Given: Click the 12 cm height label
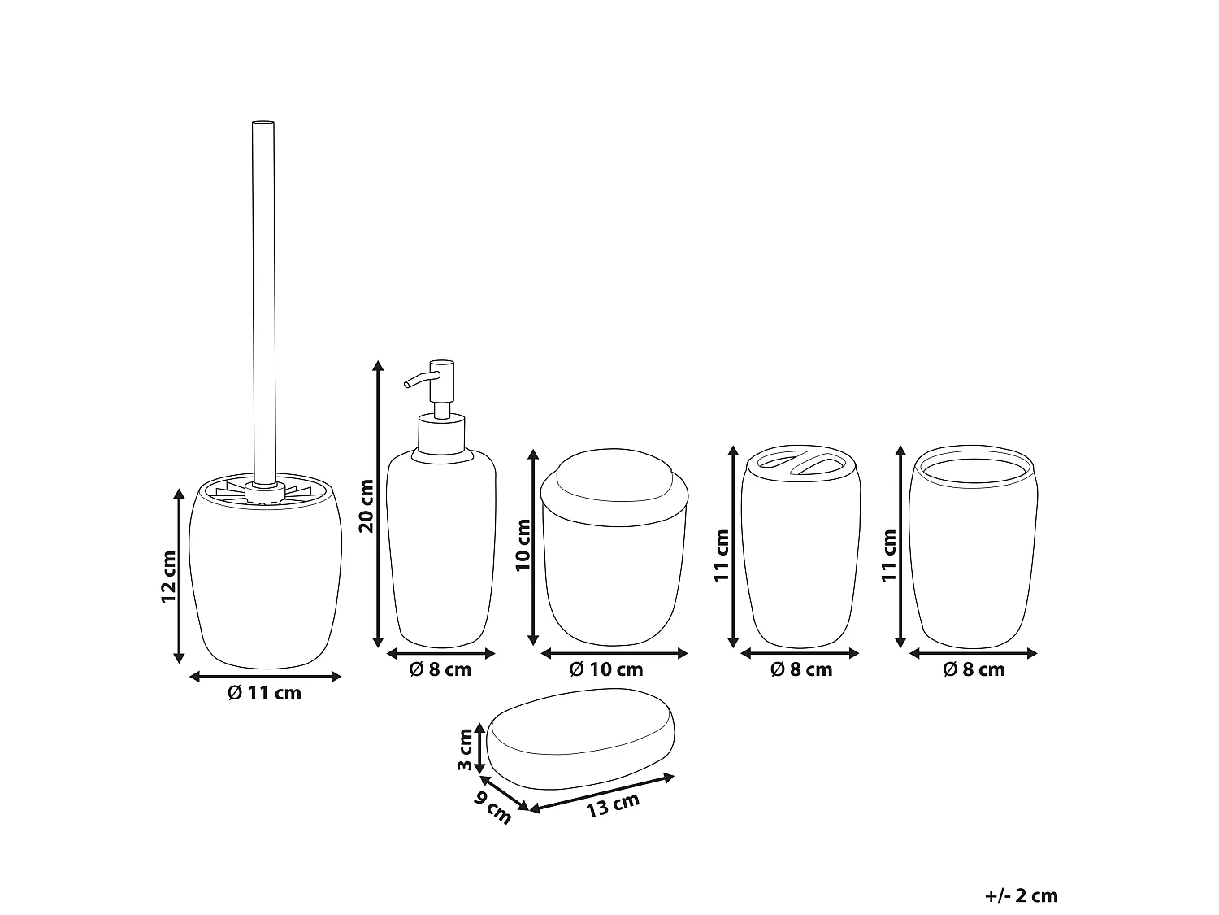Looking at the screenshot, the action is click(x=168, y=576).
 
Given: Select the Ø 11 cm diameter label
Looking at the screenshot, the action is click(x=264, y=693).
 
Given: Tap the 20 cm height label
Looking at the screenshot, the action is click(x=367, y=506).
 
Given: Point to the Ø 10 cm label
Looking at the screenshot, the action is click(x=606, y=669).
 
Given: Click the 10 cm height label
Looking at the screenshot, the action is click(x=523, y=545).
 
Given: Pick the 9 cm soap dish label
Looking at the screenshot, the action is click(x=492, y=807).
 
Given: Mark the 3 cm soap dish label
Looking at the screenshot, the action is click(x=465, y=749).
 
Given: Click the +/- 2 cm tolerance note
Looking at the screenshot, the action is click(x=1022, y=895).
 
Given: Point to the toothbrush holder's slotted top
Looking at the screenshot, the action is click(x=800, y=462).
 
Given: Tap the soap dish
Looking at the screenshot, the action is click(x=580, y=739).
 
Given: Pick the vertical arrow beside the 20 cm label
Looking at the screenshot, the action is click(x=378, y=504).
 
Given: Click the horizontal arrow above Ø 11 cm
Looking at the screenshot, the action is click(x=265, y=676).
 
